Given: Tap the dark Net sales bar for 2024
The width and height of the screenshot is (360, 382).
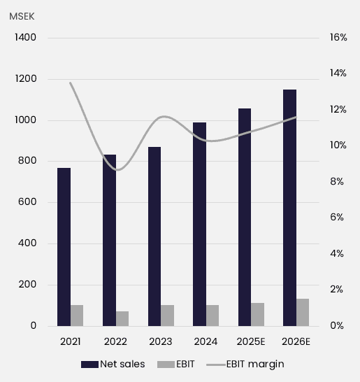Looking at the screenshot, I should point(199,224).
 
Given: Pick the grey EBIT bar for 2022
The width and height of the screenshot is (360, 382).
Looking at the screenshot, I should point(122,318).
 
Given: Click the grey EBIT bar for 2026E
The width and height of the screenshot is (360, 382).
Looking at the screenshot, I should point(303,312).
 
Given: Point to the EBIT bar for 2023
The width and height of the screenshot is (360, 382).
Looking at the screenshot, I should point(168,315).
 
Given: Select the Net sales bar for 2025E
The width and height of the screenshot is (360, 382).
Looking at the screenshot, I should point(245,217).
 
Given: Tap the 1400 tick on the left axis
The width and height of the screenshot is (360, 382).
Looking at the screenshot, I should point(24,38).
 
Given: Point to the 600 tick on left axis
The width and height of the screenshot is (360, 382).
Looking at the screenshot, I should point(27,203).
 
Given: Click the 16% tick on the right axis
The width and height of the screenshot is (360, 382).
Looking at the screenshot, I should point(338,38).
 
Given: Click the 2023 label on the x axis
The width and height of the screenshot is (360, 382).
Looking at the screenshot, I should point(161,341).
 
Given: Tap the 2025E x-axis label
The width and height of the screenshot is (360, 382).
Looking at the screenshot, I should point(252,341).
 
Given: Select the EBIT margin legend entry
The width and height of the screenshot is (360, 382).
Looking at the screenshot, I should point(254,364).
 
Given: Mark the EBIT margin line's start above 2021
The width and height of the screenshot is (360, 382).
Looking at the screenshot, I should point(71,83).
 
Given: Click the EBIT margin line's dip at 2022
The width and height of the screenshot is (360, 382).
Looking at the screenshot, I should point(118,170).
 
